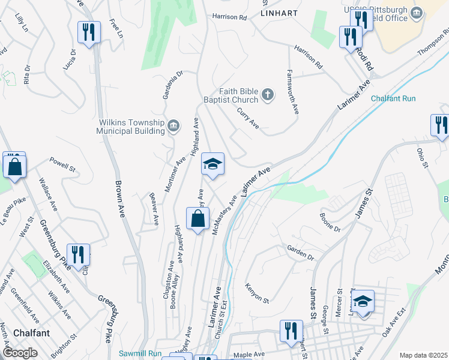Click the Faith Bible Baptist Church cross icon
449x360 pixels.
tap(268, 94)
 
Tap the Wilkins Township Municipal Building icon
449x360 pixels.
tap(173, 125)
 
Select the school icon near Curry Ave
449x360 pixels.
tap(212, 164)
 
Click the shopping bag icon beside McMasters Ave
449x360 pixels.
tap(197, 220)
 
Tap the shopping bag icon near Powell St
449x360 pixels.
tap(14, 166)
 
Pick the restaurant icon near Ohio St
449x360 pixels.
tap(441, 125)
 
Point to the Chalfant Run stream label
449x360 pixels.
tap(393, 98)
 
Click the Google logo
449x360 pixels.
tap(20, 353)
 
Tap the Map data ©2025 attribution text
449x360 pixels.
tap(423, 355)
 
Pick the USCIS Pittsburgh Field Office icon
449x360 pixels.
tap(415, 12)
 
